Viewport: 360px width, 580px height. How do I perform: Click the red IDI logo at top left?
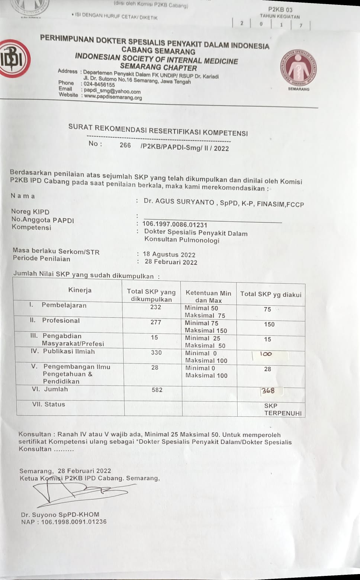[x=15, y=59]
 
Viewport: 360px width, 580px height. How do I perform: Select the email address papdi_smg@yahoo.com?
[x=112, y=91]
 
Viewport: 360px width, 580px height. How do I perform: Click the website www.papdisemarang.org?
[x=113, y=97]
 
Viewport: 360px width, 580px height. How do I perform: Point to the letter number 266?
[x=125, y=145]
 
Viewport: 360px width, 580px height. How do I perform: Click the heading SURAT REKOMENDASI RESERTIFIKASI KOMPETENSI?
[x=158, y=130]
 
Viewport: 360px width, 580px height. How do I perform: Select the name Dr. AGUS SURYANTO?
[x=179, y=202]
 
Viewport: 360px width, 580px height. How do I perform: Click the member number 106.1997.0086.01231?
[x=175, y=225]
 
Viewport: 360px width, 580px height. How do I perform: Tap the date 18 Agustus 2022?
[x=169, y=255]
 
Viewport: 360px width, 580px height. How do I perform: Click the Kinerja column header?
[x=80, y=290]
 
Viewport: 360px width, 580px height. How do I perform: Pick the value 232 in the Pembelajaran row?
[x=155, y=307]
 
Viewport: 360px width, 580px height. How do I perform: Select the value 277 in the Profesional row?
[x=155, y=322]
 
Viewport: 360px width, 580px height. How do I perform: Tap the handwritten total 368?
[x=268, y=391]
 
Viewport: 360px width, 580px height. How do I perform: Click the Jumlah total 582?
[x=157, y=390]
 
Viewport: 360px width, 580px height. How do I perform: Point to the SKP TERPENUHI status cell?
[x=282, y=409]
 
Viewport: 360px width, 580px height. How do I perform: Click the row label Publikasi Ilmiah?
[x=69, y=351]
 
